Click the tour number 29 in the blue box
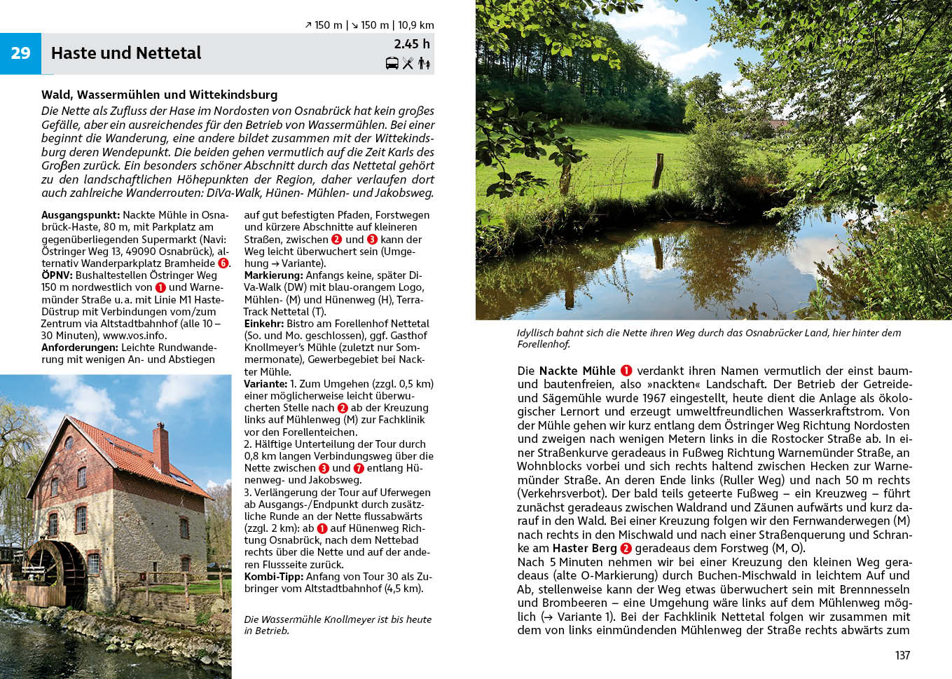tap(20, 53)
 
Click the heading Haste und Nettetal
tap(126, 53)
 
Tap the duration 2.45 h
tap(412, 43)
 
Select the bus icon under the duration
tap(392, 64)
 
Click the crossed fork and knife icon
tap(408, 64)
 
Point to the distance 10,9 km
tap(415, 25)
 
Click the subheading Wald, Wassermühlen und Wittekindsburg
tap(159, 95)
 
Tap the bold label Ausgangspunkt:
tap(81, 215)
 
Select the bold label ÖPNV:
tap(57, 275)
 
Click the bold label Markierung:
tap(273, 275)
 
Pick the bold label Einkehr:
tap(263, 324)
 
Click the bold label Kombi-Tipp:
tap(274, 577)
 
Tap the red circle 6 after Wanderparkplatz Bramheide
tap(223, 263)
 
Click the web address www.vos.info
tap(135, 336)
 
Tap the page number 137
tap(902, 655)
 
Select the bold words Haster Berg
tap(584, 549)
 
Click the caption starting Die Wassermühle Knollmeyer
tap(338, 624)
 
